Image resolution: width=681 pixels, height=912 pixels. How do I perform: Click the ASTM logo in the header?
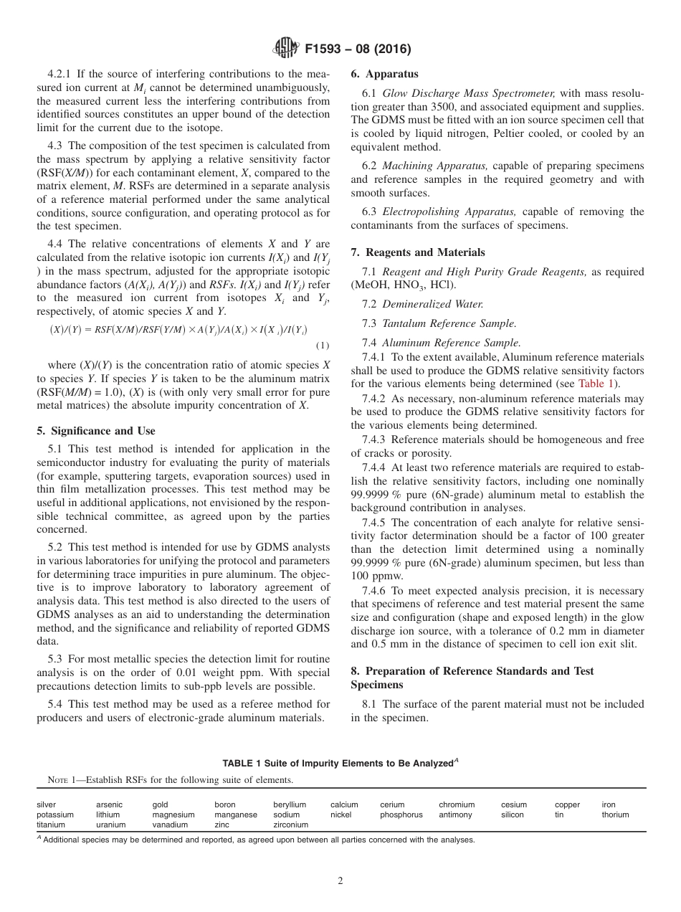(286, 49)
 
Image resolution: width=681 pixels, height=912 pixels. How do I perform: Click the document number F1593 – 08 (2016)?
(357, 49)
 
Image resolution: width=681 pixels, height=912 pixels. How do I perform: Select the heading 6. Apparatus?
(384, 74)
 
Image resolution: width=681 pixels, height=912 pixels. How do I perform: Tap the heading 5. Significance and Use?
(96, 431)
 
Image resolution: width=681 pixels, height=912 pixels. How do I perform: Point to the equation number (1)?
(323, 345)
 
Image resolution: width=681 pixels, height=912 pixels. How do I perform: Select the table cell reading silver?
(47, 804)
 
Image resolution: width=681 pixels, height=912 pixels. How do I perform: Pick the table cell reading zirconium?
(290, 825)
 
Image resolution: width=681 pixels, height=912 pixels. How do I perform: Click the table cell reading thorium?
(615, 814)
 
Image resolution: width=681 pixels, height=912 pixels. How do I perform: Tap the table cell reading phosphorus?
(401, 814)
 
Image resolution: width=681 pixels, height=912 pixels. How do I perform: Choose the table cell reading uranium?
(110, 825)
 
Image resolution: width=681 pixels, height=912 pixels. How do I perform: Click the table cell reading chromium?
(457, 804)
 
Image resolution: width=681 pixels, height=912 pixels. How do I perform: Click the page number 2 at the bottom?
(340, 881)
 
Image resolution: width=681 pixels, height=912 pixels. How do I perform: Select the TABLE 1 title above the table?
(340, 764)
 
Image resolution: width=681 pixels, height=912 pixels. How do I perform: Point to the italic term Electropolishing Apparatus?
(442, 212)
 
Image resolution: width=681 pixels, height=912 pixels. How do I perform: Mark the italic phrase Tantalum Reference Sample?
(449, 323)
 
